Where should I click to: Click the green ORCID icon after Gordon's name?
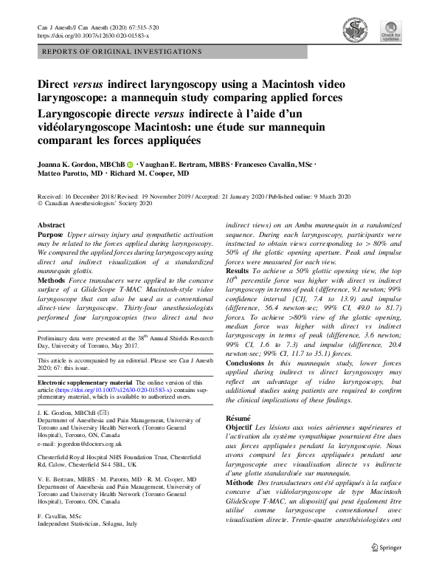coord(130,165)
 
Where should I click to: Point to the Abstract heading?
coord(51,224)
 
